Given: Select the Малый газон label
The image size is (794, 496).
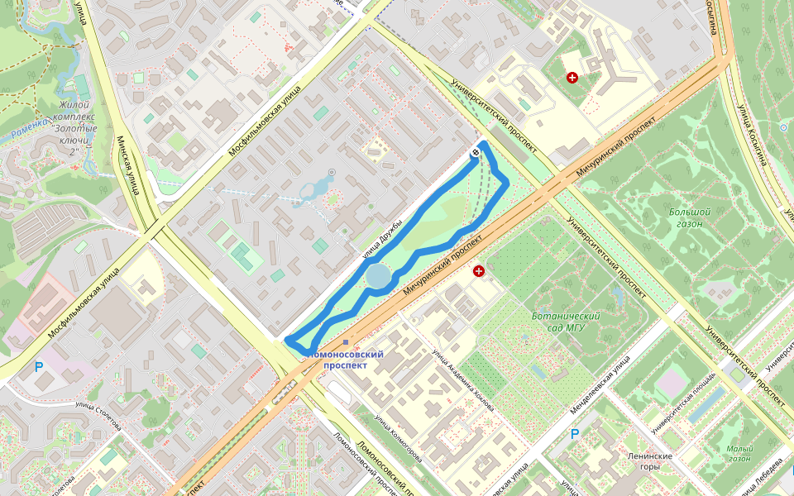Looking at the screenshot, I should point(739,453).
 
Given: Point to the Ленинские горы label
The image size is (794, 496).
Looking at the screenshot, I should point(650,461).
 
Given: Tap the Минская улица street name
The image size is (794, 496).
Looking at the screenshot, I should point(125,165).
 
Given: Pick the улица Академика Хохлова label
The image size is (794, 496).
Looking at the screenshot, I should point(463,379).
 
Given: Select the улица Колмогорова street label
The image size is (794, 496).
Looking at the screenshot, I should point(398,438).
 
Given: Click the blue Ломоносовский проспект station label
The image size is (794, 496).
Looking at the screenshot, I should point(347,360).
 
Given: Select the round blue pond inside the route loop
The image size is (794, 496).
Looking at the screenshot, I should point(378,276).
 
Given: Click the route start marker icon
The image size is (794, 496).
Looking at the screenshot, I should point(477,152).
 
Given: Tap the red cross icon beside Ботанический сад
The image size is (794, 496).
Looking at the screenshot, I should point(478,271).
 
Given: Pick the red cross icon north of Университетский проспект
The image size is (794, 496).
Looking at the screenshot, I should point(572,78).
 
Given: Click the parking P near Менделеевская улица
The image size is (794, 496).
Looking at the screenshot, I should point(576,433).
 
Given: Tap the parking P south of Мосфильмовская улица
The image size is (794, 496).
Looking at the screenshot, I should point(38,365).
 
